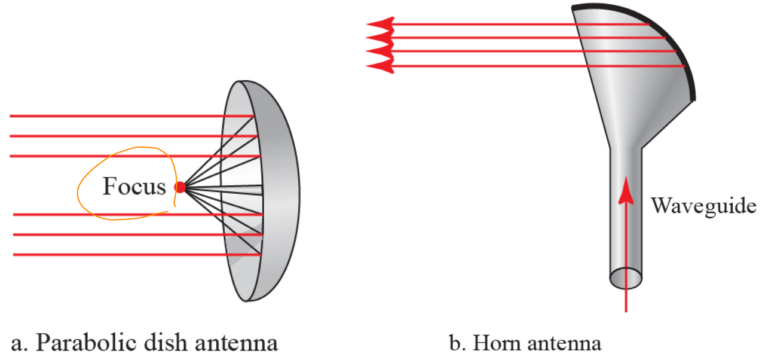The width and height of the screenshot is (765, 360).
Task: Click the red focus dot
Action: tap(180, 187)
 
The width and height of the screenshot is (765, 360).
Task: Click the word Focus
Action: tap(134, 187)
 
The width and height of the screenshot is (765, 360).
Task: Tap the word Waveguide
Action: tap(703, 206)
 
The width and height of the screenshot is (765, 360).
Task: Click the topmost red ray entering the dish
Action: tap(120, 115)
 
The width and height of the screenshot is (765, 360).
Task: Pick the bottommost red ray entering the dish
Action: tap(120, 255)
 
